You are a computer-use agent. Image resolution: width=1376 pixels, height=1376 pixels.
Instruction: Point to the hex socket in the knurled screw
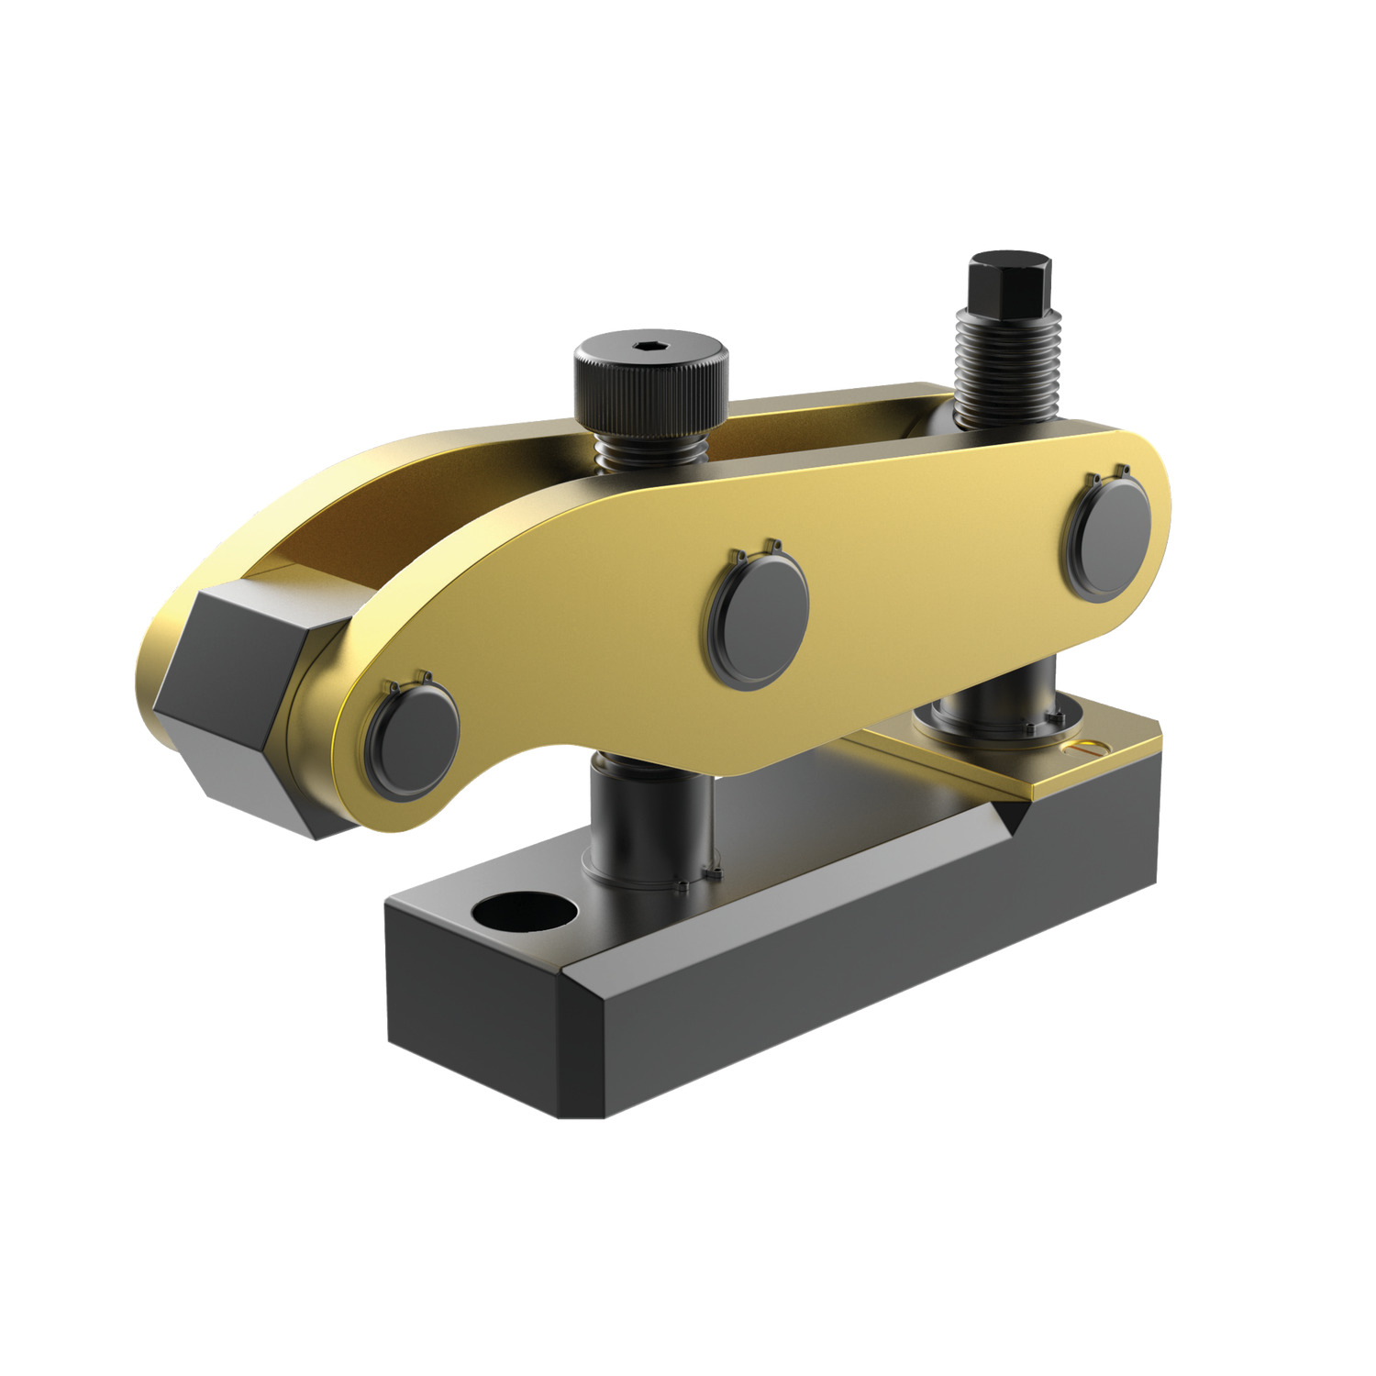tap(649, 345)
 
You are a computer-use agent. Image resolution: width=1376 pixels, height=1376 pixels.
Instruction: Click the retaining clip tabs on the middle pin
tap(755, 550)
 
